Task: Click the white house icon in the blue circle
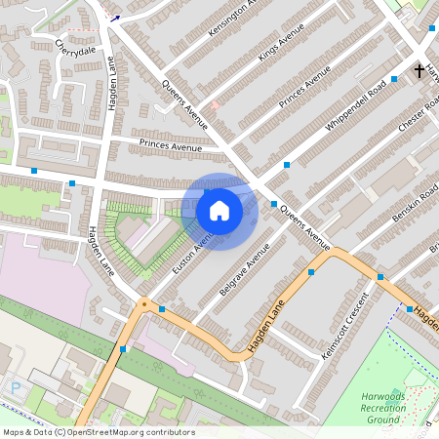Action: (219, 210)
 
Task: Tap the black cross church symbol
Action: (419, 71)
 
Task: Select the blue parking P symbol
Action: (14, 387)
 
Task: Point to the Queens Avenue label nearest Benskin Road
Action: (304, 225)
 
